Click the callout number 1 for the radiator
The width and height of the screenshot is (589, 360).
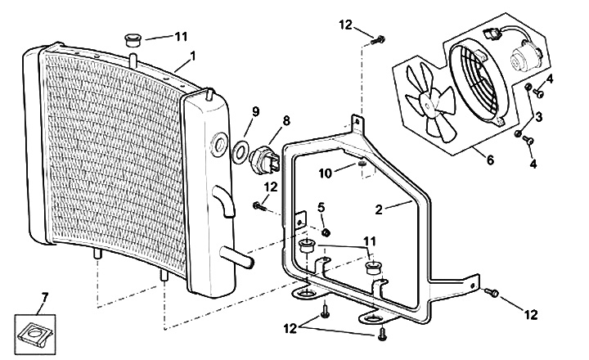pyautogui.click(x=192, y=56)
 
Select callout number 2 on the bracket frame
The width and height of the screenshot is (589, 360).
pyautogui.click(x=379, y=209)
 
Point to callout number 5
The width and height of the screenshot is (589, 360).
pyautogui.click(x=321, y=206)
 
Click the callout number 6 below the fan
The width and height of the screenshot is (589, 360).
pyautogui.click(x=490, y=160)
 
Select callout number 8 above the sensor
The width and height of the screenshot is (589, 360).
pyautogui.click(x=286, y=120)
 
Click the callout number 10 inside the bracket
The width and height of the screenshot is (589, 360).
pyautogui.click(x=326, y=173)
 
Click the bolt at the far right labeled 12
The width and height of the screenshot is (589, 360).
pyautogui.click(x=493, y=293)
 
